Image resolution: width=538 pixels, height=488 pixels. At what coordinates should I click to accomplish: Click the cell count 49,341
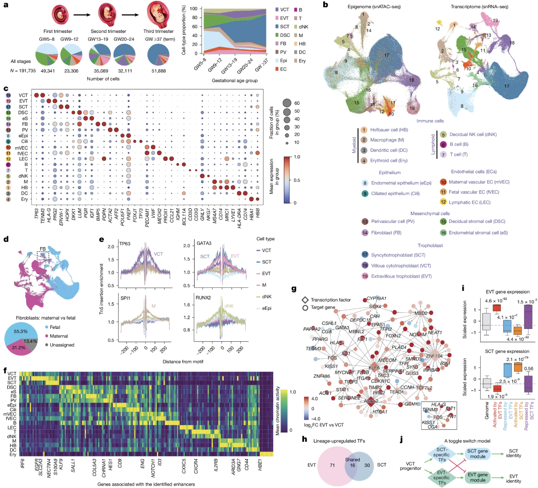pos(47,71)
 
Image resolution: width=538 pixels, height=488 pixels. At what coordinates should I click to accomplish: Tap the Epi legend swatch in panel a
pos(277,61)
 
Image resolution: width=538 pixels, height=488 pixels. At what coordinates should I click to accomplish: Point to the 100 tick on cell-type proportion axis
pos(193,9)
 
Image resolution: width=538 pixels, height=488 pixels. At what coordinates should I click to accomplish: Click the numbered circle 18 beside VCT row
pos(8,95)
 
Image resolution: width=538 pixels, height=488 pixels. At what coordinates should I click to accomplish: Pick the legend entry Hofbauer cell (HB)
pos(389,130)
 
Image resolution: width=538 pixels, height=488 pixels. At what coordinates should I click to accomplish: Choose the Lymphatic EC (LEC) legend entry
pos(469,202)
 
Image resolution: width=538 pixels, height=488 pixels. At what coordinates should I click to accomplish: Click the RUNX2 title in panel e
pos(203,298)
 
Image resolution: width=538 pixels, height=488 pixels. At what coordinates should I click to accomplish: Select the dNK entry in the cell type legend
pos(266,297)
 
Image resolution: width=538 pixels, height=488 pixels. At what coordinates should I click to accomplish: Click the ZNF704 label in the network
pos(434,356)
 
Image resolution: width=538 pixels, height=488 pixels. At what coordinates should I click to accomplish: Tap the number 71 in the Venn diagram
pos(332,465)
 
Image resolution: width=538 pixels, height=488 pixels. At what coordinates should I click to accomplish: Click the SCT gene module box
pos(477,454)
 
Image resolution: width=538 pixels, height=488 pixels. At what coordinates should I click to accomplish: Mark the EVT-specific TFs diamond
pos(441,477)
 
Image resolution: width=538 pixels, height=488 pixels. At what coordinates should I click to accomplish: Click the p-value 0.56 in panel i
pos(529,369)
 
